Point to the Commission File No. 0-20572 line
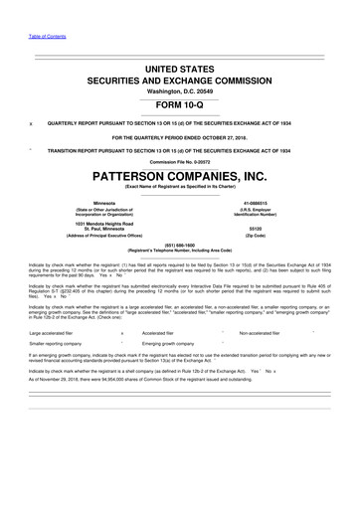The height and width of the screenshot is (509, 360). pos(180,162)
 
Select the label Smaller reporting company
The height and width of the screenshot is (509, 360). pos(57,344)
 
